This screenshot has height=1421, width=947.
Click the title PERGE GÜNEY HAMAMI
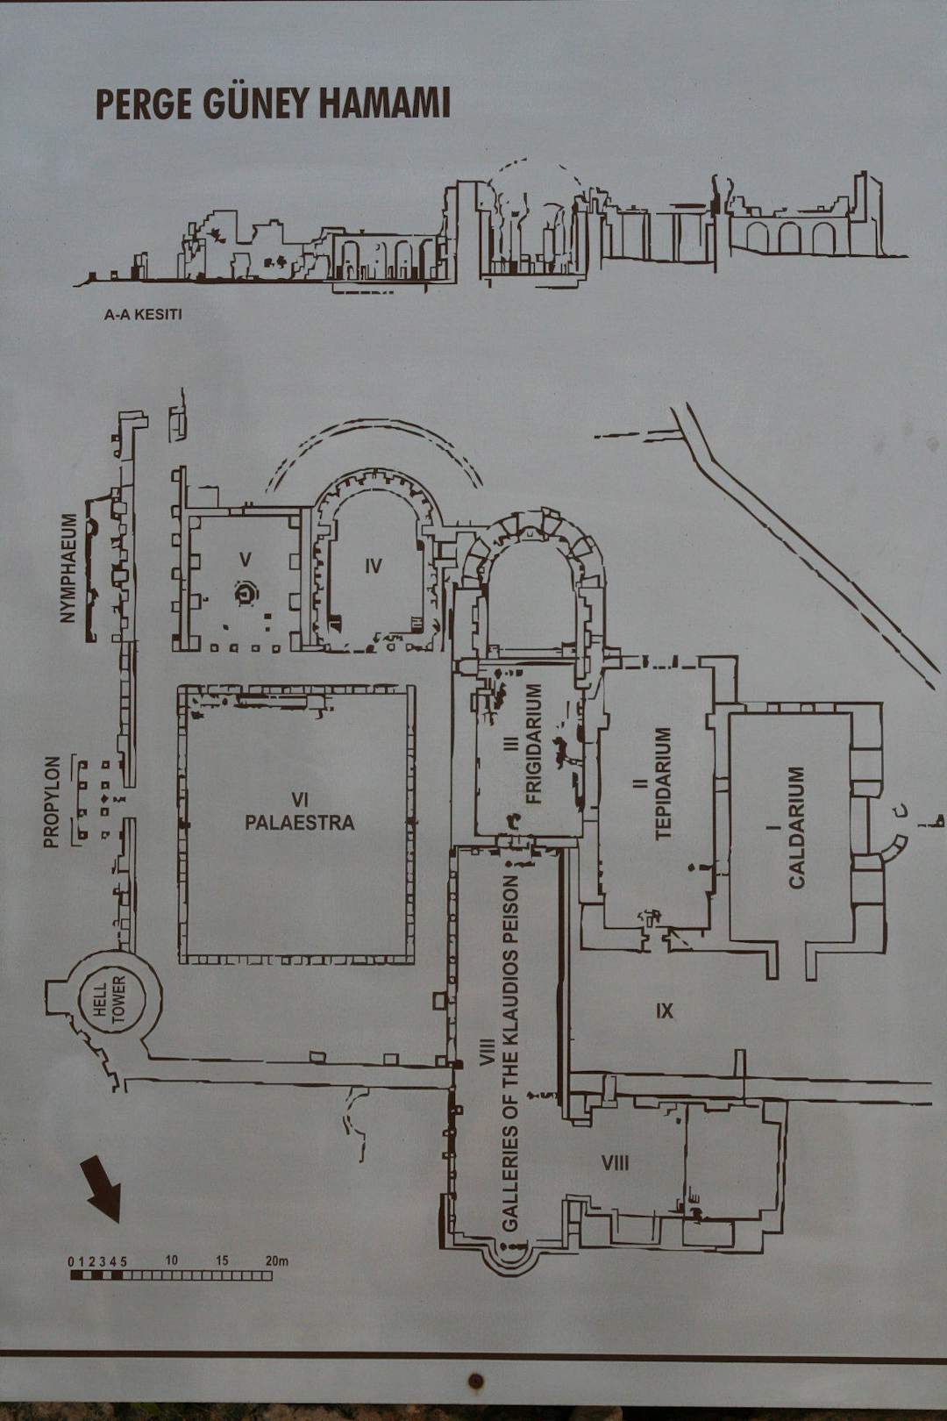273,104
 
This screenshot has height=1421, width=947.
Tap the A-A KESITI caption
143,314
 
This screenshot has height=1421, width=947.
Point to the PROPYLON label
52,803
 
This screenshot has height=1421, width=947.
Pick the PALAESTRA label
299,823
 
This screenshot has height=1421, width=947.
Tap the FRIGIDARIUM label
535,744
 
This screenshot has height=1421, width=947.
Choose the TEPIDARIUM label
663,784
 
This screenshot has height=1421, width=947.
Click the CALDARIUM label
795,828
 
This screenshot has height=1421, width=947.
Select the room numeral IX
664,1010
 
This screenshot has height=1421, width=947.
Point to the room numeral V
246,559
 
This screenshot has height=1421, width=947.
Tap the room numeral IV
374,565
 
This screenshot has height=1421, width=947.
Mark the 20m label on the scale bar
276,1260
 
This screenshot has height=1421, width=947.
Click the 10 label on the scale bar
171,1260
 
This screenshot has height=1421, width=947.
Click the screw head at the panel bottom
475,1381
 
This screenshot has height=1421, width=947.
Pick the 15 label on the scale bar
221,1260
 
